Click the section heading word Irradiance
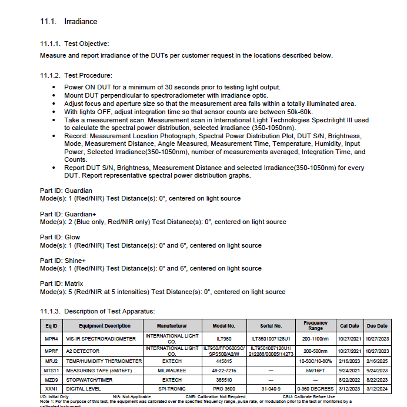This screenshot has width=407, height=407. tap(80, 22)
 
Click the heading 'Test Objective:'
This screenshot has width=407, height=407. tap(86, 44)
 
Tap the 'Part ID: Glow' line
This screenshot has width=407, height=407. tap(60, 237)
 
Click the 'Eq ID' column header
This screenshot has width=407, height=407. tap(51, 325)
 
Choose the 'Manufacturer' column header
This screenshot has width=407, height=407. tap(172, 325)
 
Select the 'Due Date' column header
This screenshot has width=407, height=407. tap(377, 325)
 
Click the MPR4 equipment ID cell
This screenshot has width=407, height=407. tap(51, 339)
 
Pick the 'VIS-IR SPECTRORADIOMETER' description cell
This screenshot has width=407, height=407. tap(101, 339)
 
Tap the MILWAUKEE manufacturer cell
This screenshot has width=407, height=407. tap(172, 371)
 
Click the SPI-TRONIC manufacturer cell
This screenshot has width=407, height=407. tap(172, 389)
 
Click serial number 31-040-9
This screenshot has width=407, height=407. tap(271, 389)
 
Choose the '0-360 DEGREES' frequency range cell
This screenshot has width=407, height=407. tap(315, 389)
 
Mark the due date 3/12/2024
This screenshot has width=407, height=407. tap(377, 389)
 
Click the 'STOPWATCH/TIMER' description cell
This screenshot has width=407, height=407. tap(89, 380)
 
